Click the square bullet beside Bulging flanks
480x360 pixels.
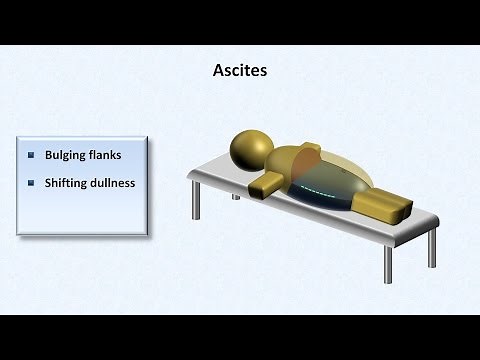[32, 155]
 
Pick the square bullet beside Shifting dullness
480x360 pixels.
[32, 183]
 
